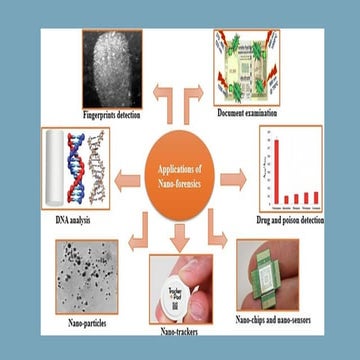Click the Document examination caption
(248, 114)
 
